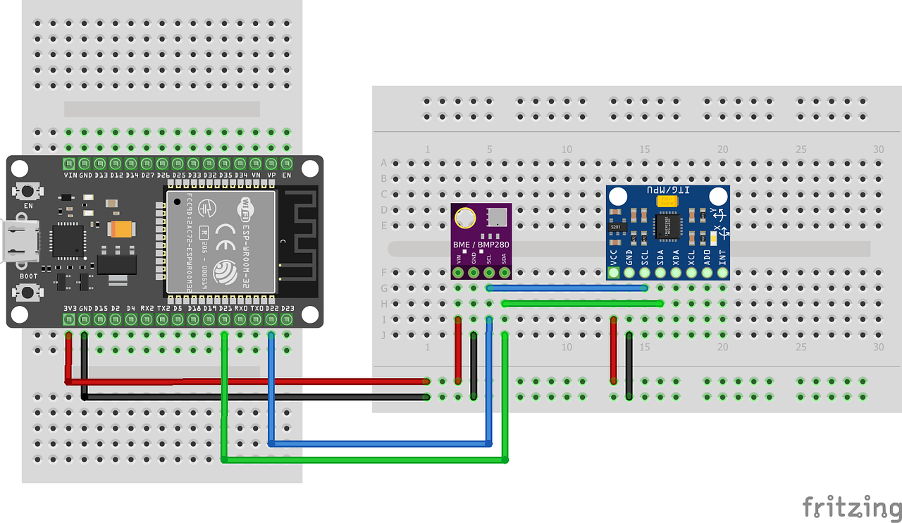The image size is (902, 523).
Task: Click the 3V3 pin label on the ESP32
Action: click(69, 309)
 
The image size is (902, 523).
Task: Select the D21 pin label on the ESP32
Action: click(225, 309)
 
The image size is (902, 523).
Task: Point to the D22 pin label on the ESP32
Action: click(271, 309)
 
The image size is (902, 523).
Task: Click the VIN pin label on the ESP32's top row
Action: click(70, 175)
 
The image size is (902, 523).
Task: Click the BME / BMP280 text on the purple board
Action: click(481, 245)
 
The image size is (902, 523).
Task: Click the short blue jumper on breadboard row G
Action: click(567, 288)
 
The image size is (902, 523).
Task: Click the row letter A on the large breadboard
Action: click(384, 163)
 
